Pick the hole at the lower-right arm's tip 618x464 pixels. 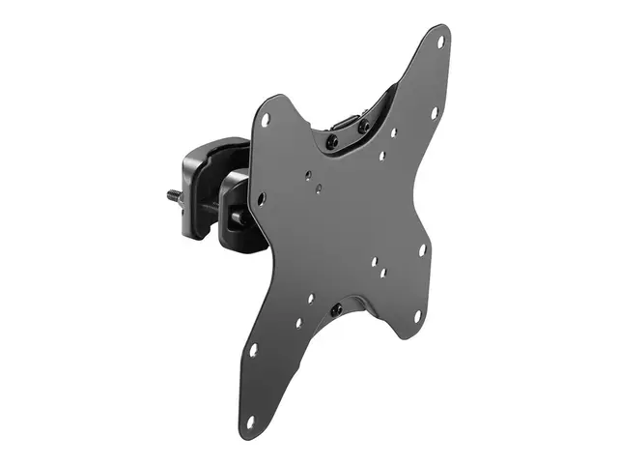tap(417, 315)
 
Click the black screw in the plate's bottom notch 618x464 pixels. tap(336, 310)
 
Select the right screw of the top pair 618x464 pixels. tap(363, 126)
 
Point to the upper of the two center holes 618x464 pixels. tap(308, 176)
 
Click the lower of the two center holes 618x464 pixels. tap(320, 187)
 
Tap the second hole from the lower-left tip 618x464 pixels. tap(253, 349)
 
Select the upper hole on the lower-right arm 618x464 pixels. tap(422, 248)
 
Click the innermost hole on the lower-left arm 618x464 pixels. tap(298, 323)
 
